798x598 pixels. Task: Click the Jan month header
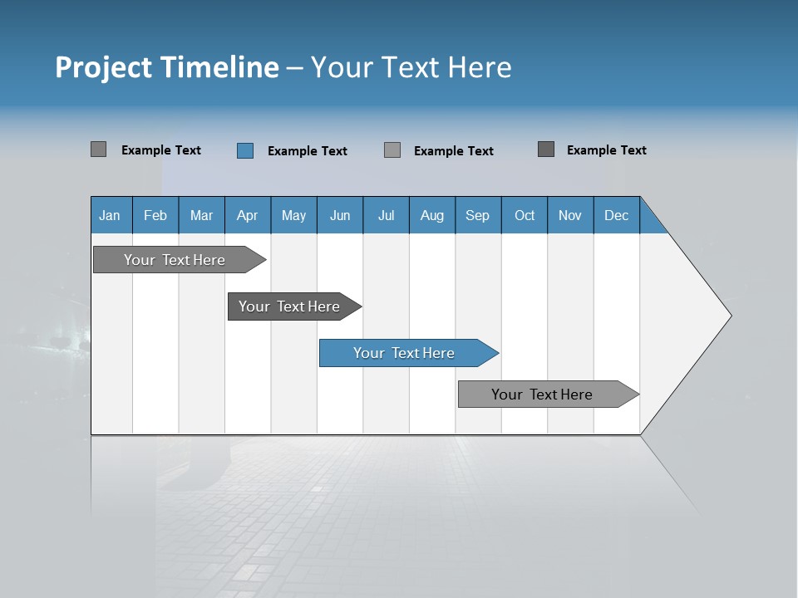(111, 215)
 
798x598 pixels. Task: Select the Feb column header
(155, 215)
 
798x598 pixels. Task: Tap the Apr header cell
(247, 215)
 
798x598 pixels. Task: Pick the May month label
(293, 215)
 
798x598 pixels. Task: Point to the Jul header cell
(386, 215)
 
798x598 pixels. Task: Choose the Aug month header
(431, 215)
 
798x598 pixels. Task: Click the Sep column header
(478, 215)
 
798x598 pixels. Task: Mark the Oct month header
(525, 215)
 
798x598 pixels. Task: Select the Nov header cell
(570, 215)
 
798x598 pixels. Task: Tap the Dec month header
(616, 215)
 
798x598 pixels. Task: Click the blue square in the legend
(245, 150)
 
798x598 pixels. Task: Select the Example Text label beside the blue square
(308, 151)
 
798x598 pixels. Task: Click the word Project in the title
(102, 67)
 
